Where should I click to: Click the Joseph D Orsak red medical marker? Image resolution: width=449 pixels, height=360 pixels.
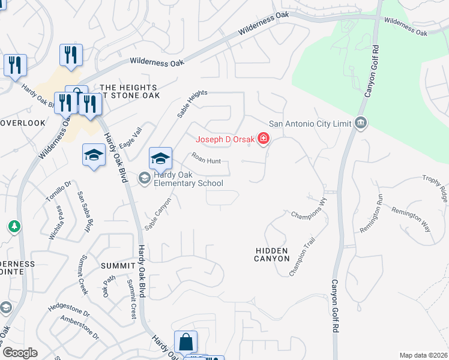click(x=263, y=140)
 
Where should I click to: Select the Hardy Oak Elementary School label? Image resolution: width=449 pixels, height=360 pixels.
click(x=188, y=179)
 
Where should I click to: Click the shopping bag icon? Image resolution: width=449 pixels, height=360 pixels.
click(x=186, y=343)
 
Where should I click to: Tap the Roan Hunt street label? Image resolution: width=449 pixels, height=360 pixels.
click(x=206, y=158)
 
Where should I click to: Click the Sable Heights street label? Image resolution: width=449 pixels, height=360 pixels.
click(x=192, y=103)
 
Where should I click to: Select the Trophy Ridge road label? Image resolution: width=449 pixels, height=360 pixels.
click(x=435, y=187)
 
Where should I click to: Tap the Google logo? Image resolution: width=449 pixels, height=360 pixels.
click(x=20, y=353)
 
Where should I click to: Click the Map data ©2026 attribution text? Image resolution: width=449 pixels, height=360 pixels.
click(x=423, y=355)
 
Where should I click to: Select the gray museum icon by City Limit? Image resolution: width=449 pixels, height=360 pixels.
click(x=360, y=124)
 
